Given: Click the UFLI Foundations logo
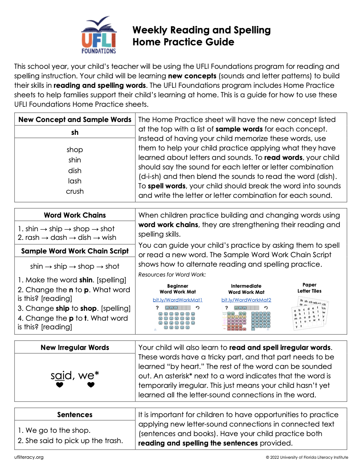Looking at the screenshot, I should pos(99,35).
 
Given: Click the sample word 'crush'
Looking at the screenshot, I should pos(75,191).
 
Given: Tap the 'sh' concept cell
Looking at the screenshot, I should pos(75,132).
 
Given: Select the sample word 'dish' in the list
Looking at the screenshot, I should pos(75,171).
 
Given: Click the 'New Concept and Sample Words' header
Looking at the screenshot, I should pos(75,120).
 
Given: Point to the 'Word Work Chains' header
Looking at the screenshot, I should pos(75,215).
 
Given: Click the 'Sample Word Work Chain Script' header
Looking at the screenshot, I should pos(75,251).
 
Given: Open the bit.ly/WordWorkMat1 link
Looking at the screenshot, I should pos(178,300).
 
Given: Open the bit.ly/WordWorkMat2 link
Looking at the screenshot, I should pos(246,300).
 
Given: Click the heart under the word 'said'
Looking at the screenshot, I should pos(60,385).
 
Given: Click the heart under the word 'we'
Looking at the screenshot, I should pos(91,385).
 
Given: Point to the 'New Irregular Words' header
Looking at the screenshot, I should pos(75,347).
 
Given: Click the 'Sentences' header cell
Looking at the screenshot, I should pos(75,415).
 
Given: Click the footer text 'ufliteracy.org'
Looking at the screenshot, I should pos(28,457).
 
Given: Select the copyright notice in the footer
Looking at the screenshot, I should pos(306,457).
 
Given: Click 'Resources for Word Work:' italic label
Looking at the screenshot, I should pos(172,275).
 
